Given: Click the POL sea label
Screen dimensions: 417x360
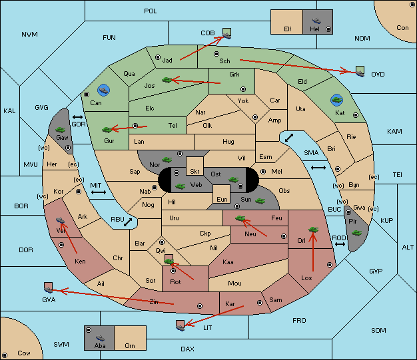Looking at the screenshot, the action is pos(151,11).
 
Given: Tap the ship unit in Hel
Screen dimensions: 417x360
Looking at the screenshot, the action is pos(316,21).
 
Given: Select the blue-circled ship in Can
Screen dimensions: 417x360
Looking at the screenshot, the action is pos(103,90).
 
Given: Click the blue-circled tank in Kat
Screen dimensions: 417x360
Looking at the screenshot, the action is pos(336,100).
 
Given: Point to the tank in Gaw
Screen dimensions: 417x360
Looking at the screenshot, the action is pos(61,130).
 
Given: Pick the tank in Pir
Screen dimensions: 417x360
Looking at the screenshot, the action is pos(356,233).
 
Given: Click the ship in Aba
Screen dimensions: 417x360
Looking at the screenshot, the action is pos(101,337).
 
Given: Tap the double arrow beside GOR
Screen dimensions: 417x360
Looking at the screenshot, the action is pos(77,117).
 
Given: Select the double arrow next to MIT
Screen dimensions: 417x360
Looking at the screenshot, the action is pos(99,192).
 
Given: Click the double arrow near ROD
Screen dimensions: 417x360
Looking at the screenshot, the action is pos(340,244).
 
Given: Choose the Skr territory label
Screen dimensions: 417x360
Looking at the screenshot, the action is pos(195,172).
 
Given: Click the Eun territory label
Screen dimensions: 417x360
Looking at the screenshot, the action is pos(222,199).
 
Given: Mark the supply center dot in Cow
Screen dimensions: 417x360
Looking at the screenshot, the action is pos(5,355).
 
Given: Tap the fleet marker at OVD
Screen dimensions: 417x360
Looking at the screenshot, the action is pos(360,71).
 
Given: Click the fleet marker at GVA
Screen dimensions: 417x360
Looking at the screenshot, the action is pos(49,287).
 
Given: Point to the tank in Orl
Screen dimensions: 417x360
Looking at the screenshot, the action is pos(313,230).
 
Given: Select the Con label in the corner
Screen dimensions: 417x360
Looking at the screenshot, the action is pos(402,28).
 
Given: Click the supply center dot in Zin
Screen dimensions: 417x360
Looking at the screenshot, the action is pos(200,306).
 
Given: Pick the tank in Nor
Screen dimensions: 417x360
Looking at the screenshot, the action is pos(167,160).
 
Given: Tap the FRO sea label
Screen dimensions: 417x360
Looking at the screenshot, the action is pos(299,321).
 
